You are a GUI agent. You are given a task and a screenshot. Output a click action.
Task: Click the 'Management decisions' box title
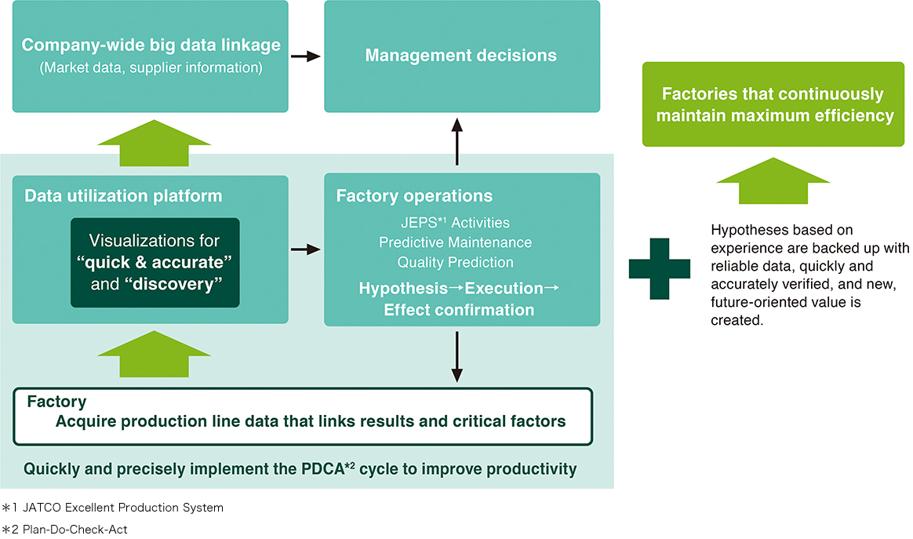pyautogui.click(x=461, y=56)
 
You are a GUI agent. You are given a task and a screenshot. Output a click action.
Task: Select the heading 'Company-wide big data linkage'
pyautogui.click(x=151, y=46)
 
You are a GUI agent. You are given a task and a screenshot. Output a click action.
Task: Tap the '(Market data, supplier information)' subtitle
pyautogui.click(x=151, y=67)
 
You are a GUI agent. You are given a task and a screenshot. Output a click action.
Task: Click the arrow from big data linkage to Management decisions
pyautogui.click(x=306, y=56)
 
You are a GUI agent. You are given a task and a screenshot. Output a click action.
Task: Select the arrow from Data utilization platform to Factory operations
pyautogui.click(x=306, y=249)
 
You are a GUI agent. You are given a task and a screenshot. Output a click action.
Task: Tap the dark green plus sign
pyautogui.click(x=660, y=268)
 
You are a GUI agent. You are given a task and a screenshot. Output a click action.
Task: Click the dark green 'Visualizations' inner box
pyautogui.click(x=155, y=262)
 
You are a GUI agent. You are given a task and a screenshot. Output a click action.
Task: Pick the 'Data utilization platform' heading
pyautogui.click(x=123, y=196)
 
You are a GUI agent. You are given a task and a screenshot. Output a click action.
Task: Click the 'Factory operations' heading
pyautogui.click(x=414, y=196)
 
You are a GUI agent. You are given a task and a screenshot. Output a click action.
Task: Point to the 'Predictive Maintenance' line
pyautogui.click(x=455, y=242)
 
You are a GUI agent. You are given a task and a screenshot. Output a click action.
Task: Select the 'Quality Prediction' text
pyautogui.click(x=455, y=262)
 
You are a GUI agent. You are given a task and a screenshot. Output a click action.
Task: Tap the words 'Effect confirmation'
pyautogui.click(x=459, y=310)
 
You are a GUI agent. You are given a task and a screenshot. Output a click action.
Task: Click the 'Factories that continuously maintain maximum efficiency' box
pyautogui.click(x=773, y=105)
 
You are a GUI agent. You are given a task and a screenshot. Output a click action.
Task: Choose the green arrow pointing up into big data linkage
pyautogui.click(x=153, y=144)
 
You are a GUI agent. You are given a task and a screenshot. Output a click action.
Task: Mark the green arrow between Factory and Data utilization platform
pyautogui.click(x=153, y=355)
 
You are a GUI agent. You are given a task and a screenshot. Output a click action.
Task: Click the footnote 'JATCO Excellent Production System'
pyautogui.click(x=123, y=508)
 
